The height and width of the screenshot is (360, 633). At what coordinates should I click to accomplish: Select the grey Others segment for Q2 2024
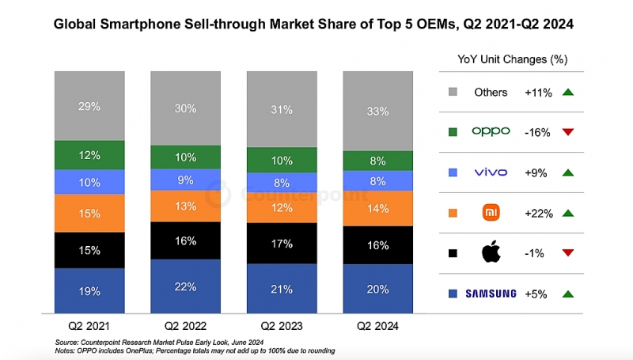pyautogui.click(x=378, y=111)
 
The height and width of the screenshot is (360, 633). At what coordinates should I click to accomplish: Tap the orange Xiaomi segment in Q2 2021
pyautogui.click(x=89, y=213)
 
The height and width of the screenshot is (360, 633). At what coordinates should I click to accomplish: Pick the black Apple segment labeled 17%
pyautogui.click(x=282, y=244)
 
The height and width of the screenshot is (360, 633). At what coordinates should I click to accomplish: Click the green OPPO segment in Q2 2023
pyautogui.click(x=282, y=160)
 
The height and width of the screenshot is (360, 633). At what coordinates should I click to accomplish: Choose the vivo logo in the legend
pyautogui.click(x=490, y=172)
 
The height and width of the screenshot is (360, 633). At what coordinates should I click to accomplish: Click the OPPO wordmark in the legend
pyautogui.click(x=490, y=132)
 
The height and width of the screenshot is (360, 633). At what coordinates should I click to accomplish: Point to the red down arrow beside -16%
pyautogui.click(x=567, y=132)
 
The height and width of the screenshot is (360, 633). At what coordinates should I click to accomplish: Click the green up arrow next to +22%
pyautogui.click(x=567, y=213)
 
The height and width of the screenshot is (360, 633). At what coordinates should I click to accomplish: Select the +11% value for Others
pyautogui.click(x=538, y=92)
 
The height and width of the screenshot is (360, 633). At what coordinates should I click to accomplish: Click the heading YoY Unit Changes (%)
pyautogui.click(x=513, y=59)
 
